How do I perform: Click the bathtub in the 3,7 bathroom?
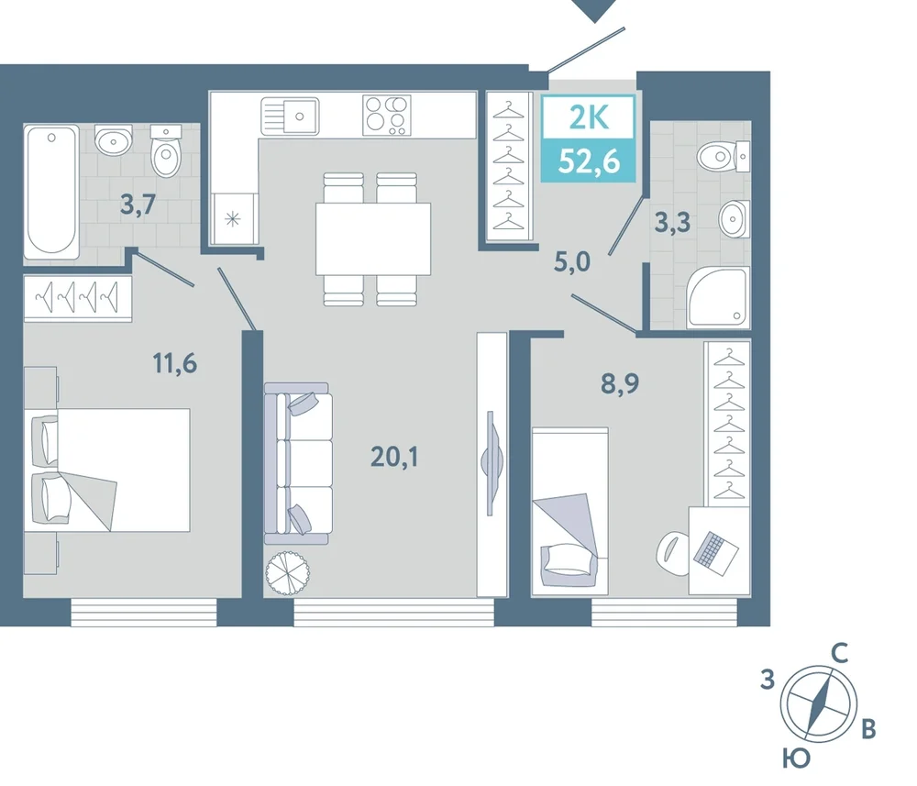pyautogui.click(x=51, y=192)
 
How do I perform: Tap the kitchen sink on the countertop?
pyautogui.click(x=290, y=116)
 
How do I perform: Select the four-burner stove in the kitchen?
pyautogui.click(x=387, y=116)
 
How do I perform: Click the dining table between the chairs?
pyautogui.click(x=373, y=238)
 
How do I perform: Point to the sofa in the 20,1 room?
pyautogui.click(x=298, y=464)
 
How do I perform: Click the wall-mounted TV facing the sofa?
pyautogui.click(x=492, y=462)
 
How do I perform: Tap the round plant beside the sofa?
pyautogui.click(x=286, y=572)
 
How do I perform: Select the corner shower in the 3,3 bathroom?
pyautogui.click(x=719, y=296)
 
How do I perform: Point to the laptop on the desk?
pyautogui.click(x=716, y=550)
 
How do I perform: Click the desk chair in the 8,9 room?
pyautogui.click(x=674, y=553)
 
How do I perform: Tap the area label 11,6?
pyautogui.click(x=175, y=364)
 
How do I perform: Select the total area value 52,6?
pyautogui.click(x=589, y=161)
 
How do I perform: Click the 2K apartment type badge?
pyautogui.click(x=589, y=139)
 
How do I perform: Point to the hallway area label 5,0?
pyautogui.click(x=572, y=263)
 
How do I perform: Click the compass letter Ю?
pyautogui.click(x=797, y=758)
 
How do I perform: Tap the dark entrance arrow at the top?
pyautogui.click(x=595, y=10)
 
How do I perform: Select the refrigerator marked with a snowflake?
pyautogui.click(x=233, y=219)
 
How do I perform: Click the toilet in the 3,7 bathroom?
pyautogui.click(x=167, y=152)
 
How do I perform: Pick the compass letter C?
pyautogui.click(x=840, y=654)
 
